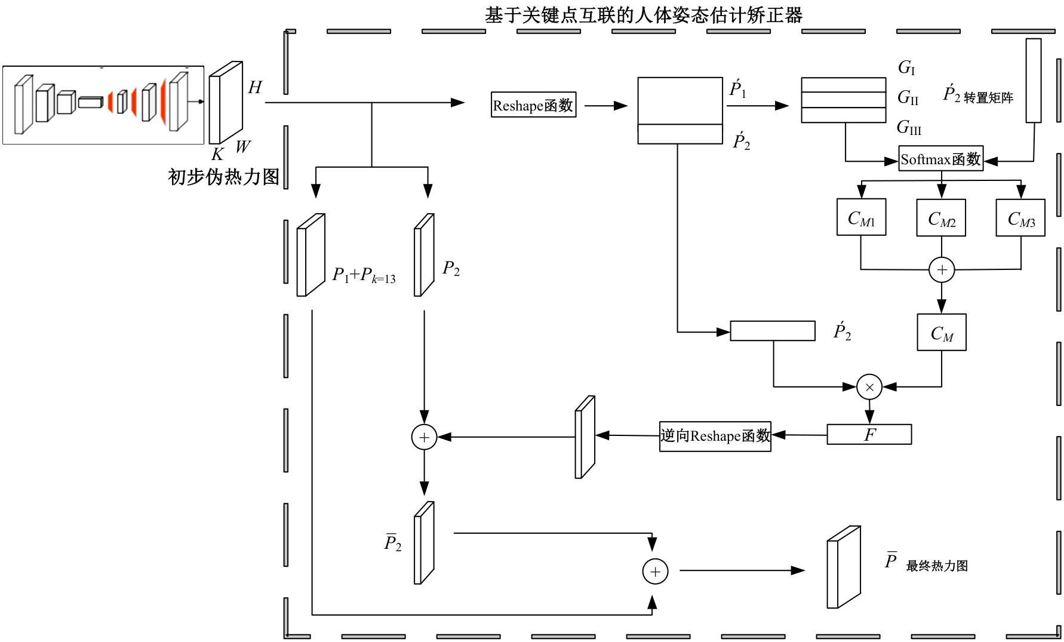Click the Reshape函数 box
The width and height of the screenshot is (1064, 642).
(533, 105)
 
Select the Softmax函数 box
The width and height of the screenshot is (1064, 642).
(940, 159)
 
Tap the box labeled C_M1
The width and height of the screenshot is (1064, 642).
(861, 218)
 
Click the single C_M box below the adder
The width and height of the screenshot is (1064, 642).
(942, 333)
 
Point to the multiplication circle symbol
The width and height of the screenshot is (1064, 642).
(869, 388)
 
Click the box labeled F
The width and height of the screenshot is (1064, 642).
(869, 435)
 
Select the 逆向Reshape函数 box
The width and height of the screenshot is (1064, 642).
(715, 437)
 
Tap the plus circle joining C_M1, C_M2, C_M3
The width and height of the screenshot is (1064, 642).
(942, 270)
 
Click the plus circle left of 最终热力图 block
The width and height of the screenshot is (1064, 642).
(655, 572)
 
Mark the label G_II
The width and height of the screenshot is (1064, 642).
(908, 97)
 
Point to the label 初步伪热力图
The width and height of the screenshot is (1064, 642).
(223, 177)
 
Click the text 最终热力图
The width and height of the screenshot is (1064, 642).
(937, 566)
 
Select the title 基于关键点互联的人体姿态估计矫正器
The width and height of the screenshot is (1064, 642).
(643, 15)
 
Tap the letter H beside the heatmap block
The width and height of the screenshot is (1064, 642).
(255, 88)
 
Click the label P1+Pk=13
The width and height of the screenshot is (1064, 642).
(364, 275)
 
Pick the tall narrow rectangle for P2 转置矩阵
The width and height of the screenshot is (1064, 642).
(1034, 81)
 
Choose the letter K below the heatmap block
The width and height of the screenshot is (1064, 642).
(217, 155)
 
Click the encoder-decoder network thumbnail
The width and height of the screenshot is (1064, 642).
(103, 105)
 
